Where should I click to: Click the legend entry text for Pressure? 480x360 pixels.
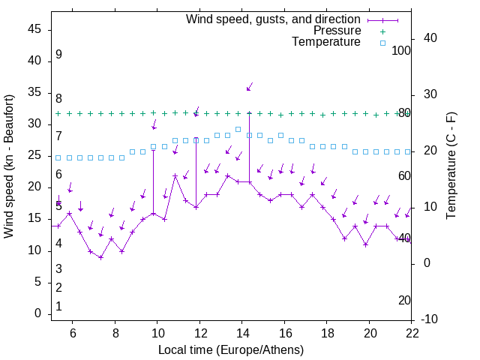click(337, 31)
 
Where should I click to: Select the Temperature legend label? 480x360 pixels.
click(326, 42)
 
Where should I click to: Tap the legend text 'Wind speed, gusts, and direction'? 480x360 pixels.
click(274, 19)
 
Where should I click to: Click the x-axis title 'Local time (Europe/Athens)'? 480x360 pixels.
click(231, 349)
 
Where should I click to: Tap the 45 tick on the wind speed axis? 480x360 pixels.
click(34, 29)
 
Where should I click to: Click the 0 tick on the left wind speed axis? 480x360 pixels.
click(37, 313)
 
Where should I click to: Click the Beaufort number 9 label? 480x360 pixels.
click(58, 55)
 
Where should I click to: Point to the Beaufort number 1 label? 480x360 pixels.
click(58, 307)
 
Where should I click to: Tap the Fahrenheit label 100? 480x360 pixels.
click(402, 51)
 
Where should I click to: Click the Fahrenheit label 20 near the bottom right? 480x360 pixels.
click(405, 301)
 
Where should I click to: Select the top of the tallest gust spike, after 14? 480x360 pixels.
click(249, 113)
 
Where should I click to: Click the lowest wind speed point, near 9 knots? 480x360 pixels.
click(100, 257)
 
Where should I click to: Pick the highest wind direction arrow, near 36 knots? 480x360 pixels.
click(250, 87)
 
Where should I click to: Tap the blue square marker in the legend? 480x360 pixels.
click(382, 43)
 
